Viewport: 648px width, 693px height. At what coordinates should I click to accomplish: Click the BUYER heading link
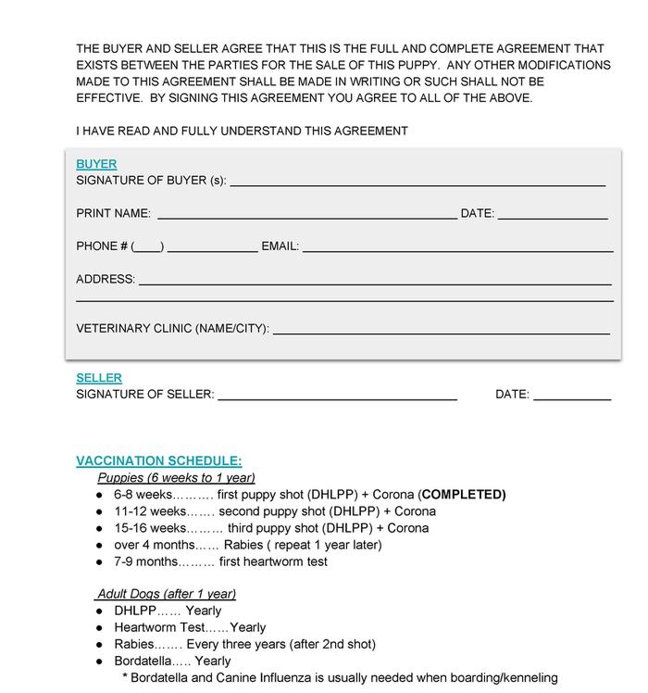pos(96,164)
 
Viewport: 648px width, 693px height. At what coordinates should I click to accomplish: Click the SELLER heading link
pos(99,378)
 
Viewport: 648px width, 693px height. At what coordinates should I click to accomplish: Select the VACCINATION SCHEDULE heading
pos(159,460)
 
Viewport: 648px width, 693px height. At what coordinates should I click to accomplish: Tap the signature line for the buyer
pos(417,183)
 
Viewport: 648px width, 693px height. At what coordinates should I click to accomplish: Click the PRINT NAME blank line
pos(306,217)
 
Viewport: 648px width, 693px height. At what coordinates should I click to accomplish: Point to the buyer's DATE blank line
pos(553,217)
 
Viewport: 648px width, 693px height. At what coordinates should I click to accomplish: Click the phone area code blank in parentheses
pos(148,248)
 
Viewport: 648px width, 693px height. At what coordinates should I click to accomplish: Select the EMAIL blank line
pos(457,249)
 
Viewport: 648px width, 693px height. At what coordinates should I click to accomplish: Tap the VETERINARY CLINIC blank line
pos(442,331)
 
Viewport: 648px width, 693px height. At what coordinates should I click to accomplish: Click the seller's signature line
pos(337,398)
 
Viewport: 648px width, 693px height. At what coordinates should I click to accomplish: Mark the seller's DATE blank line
pos(572,398)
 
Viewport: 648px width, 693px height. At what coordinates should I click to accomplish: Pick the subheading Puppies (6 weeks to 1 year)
pos(176,478)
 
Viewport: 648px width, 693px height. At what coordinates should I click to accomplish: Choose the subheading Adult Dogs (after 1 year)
pos(167,594)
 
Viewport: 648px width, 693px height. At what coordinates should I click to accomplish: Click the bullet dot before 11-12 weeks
pos(100,512)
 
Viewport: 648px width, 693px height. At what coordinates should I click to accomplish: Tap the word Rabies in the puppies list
pos(243,545)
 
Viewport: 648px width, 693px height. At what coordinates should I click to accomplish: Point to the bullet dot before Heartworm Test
pos(100,628)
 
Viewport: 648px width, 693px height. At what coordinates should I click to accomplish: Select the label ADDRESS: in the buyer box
pos(106,279)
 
